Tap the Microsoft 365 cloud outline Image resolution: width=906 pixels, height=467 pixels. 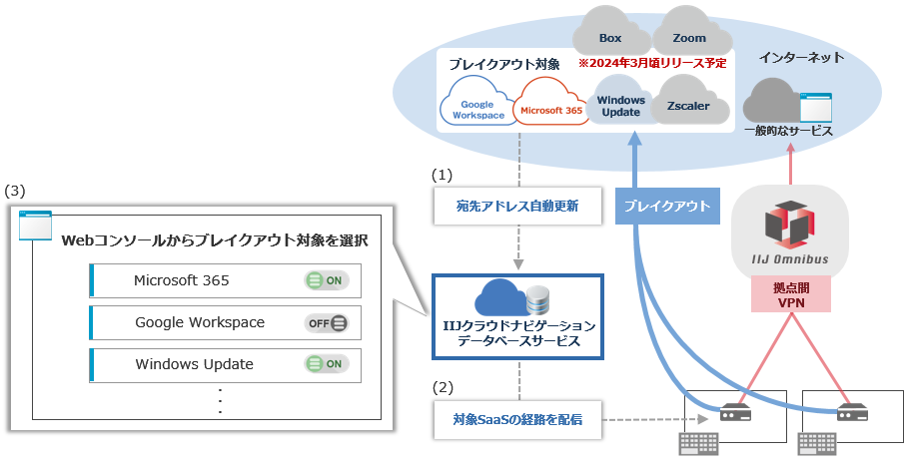[x=550, y=107]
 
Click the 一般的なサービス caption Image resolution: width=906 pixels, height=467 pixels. [x=788, y=131]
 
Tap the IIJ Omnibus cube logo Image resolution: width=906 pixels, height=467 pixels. [x=790, y=226]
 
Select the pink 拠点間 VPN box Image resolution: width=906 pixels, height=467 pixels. [x=790, y=295]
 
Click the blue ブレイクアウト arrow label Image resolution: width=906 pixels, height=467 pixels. [x=666, y=207]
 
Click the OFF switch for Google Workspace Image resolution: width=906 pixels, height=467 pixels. [x=326, y=322]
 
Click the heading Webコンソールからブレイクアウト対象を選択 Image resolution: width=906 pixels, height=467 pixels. [x=215, y=240]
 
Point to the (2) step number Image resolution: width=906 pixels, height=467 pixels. [x=443, y=386]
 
